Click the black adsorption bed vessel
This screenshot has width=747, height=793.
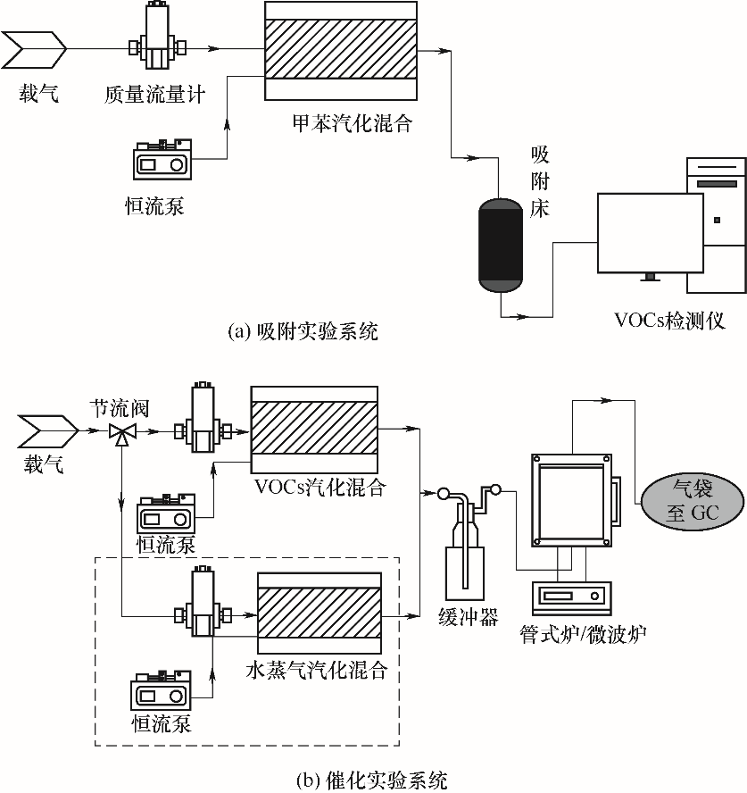[500, 246]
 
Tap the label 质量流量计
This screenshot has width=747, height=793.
[154, 95]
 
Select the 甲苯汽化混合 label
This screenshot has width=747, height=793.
[353, 123]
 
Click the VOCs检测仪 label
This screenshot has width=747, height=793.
[669, 321]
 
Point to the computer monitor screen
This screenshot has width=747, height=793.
[651, 233]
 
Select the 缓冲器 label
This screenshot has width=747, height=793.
[468, 617]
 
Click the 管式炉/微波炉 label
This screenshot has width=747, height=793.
[583, 634]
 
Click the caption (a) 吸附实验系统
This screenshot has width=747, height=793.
[303, 332]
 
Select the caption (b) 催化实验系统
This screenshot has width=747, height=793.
[372, 780]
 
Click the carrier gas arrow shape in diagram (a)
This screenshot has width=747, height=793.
[34, 49]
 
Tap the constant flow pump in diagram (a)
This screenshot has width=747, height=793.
[162, 159]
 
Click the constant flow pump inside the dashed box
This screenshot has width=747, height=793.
[162, 691]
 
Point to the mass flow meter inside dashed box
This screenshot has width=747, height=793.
[203, 602]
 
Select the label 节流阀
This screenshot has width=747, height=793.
[120, 408]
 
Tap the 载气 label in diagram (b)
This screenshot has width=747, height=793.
[44, 463]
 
